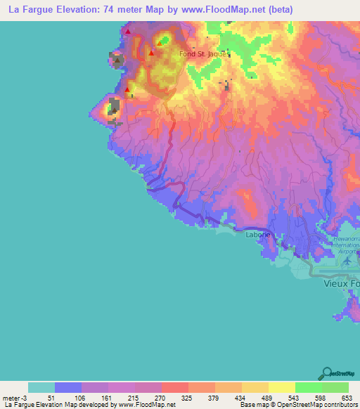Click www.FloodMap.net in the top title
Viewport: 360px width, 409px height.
click(x=216, y=10)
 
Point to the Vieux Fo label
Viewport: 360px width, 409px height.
click(x=341, y=285)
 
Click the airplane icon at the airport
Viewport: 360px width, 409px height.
click(x=347, y=261)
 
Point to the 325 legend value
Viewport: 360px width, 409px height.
click(x=186, y=398)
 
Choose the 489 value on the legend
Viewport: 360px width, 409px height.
click(x=266, y=398)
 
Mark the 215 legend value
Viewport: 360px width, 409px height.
click(x=132, y=398)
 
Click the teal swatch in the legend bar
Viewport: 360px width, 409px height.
click(x=41, y=387)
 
